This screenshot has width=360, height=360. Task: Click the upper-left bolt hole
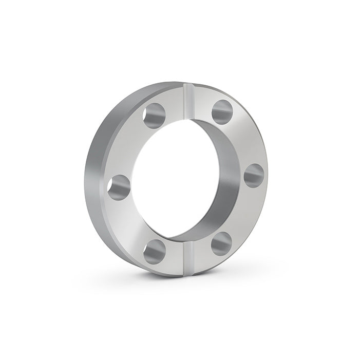pos(154,116)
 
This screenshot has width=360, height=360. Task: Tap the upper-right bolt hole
pos(222,112)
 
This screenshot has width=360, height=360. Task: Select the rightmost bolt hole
pos(254,176)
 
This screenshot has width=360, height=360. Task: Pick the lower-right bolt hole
pos(221,243)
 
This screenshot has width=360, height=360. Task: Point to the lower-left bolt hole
pos(155,252)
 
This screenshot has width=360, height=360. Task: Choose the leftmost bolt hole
pos(119,187)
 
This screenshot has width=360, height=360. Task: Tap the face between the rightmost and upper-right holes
pos(244,141)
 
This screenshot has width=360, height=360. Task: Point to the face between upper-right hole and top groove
pos(203,103)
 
